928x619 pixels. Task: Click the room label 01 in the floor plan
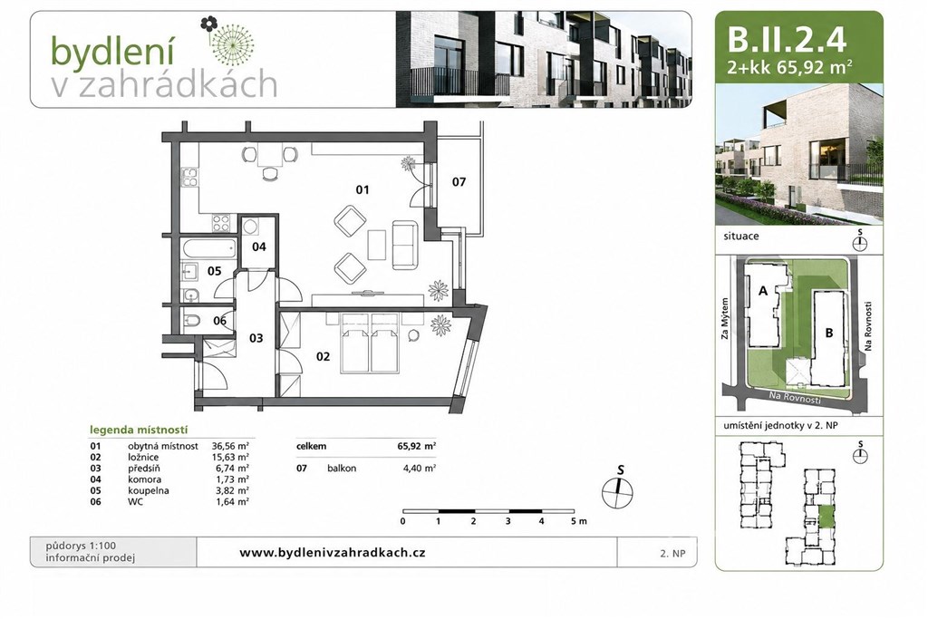(x=362, y=189)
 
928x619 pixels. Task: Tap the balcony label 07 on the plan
(x=459, y=181)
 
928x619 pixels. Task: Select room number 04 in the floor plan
(x=259, y=247)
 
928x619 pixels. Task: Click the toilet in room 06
(x=192, y=322)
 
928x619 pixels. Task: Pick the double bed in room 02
(x=370, y=343)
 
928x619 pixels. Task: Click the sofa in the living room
(x=405, y=245)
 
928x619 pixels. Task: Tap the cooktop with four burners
(x=221, y=223)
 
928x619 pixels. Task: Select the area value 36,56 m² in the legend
(x=230, y=446)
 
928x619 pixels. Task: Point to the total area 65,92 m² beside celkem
(x=417, y=446)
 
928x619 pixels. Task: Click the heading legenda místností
(x=139, y=430)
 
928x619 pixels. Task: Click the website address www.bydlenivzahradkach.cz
(x=332, y=553)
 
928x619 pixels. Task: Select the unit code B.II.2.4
(x=787, y=40)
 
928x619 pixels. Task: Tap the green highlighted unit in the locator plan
(x=825, y=517)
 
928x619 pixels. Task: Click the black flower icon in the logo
(x=208, y=24)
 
